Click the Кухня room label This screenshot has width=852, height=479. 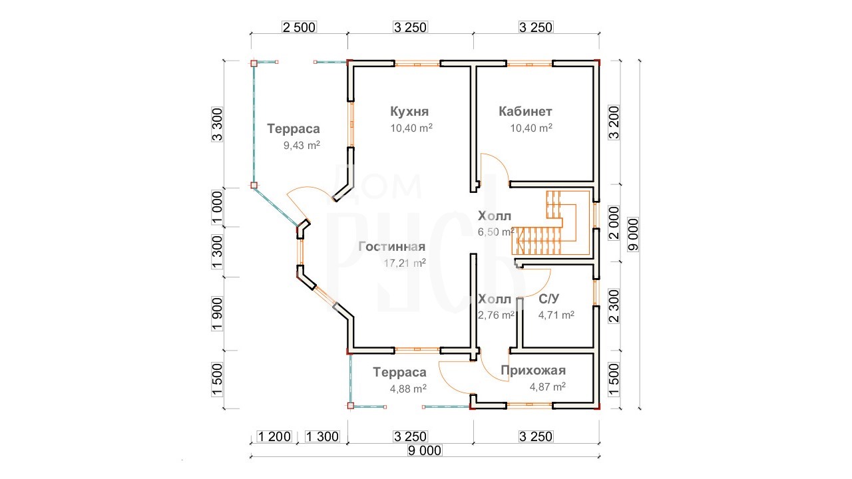[409, 111]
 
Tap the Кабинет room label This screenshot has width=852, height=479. [525, 111]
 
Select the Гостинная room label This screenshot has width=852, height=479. [392, 247]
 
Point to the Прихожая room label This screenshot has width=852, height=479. [533, 371]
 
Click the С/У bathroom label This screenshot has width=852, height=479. [549, 299]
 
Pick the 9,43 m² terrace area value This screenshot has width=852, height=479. [302, 145]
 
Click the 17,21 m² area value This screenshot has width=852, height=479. [405, 263]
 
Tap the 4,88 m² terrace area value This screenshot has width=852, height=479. [408, 389]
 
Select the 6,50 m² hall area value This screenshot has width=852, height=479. [496, 232]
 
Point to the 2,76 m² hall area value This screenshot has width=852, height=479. [496, 315]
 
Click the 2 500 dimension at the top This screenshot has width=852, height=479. [299, 27]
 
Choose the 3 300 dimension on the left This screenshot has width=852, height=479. [217, 124]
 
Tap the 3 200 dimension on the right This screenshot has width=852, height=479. [614, 122]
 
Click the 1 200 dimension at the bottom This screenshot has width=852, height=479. [274, 436]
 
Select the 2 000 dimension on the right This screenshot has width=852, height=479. [614, 223]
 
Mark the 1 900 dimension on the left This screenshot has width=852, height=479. [217, 314]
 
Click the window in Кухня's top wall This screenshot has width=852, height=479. [417, 63]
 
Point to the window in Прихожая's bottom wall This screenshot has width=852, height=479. [529, 406]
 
